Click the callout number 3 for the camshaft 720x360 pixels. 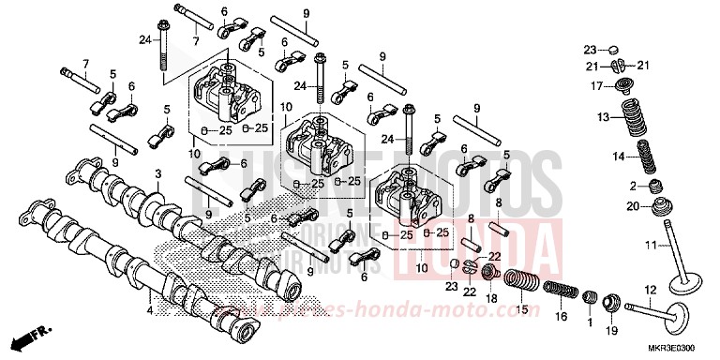(158, 173)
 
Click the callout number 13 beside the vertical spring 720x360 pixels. (604, 116)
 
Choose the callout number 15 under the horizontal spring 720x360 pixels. (523, 308)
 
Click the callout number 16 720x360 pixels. (561, 318)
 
